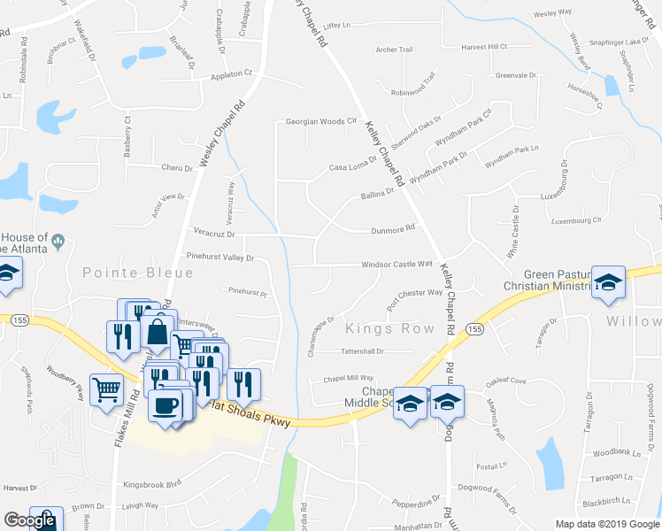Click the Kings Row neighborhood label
(x=390, y=329)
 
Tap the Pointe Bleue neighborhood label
(x=125, y=273)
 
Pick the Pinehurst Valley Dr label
(x=219, y=258)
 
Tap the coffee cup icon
(x=165, y=405)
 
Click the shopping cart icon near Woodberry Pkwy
(x=106, y=388)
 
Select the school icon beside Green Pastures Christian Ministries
(x=608, y=282)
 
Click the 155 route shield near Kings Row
(x=475, y=329)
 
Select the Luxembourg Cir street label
(x=574, y=219)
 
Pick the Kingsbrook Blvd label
(x=151, y=484)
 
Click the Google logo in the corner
(x=29, y=521)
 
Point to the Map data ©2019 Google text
(x=607, y=524)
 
